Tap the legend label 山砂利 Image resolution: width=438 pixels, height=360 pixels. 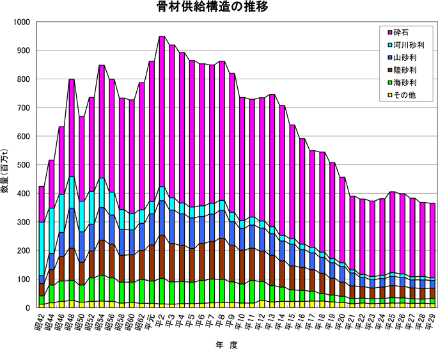(x=405, y=58)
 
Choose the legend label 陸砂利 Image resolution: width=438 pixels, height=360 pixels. (x=405, y=70)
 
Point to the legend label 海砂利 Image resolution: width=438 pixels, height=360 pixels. (x=405, y=82)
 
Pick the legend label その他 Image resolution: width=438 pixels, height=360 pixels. (x=405, y=95)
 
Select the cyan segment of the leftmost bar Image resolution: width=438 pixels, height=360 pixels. (x=42, y=249)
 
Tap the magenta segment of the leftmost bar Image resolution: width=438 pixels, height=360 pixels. (x=42, y=204)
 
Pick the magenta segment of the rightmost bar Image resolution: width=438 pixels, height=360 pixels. (x=432, y=240)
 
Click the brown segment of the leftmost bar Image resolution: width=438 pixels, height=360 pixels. (x=42, y=290)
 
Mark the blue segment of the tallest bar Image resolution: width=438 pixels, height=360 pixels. (x=162, y=218)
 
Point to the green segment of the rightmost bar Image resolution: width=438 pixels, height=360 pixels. (x=432, y=301)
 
